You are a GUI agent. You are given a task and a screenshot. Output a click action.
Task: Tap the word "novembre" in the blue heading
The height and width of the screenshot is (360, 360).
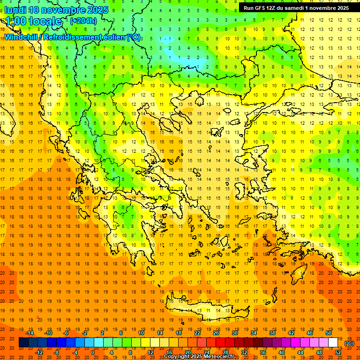(63, 10)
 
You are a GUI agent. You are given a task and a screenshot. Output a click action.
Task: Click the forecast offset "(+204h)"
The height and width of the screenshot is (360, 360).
(83, 21)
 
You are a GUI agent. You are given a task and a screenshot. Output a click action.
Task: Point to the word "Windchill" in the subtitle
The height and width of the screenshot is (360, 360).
(21, 37)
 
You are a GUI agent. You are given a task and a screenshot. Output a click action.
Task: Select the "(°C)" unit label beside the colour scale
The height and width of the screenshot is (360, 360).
(349, 343)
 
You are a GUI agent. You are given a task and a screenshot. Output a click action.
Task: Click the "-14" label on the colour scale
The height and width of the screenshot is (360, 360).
(30, 333)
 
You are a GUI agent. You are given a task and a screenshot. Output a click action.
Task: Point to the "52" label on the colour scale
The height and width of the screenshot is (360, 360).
(338, 352)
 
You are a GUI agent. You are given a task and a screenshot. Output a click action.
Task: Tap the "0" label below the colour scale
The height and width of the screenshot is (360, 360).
(93, 352)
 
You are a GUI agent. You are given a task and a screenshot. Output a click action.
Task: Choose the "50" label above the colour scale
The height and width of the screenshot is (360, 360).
(328, 333)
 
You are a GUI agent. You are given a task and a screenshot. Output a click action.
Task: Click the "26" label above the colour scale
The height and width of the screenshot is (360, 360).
(216, 333)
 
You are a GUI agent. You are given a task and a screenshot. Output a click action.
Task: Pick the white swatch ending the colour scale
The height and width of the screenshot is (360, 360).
(333, 343)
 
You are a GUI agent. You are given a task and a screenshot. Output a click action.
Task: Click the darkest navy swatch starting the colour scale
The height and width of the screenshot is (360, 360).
(23, 343)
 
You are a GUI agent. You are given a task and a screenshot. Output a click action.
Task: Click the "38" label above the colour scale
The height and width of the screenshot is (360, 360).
(272, 333)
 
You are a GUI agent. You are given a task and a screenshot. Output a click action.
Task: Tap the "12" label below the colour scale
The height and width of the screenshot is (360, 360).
(150, 352)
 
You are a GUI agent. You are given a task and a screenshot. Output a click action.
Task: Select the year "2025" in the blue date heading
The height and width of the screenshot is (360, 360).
(97, 10)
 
